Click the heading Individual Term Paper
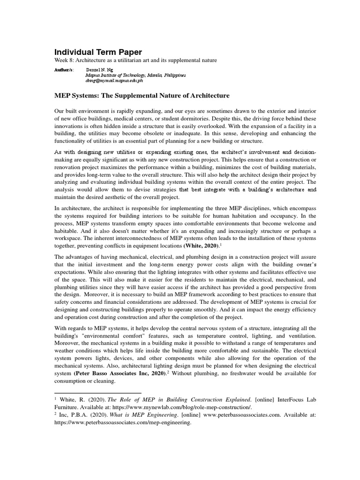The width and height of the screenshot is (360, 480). pos(98,52)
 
